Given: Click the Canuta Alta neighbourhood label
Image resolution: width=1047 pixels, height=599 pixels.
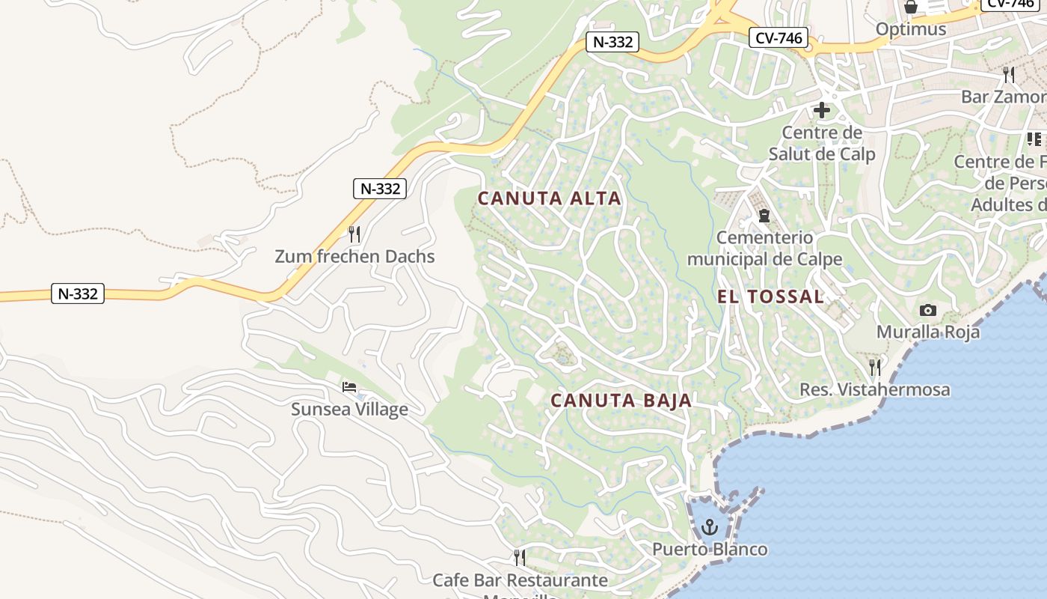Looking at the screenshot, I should click(x=549, y=198).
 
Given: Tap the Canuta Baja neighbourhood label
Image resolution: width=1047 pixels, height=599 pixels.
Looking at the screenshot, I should click(x=621, y=401).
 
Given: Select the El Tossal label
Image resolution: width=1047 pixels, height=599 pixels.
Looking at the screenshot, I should click(x=770, y=297).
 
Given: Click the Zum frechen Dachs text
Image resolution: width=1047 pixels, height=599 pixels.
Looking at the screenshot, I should click(x=354, y=256).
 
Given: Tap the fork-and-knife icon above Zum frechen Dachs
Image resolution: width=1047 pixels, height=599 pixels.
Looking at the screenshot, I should click(x=354, y=234).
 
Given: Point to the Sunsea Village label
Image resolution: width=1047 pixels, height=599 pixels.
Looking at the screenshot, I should click(x=349, y=410).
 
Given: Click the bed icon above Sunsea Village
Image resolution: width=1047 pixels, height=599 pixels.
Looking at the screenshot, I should click(x=349, y=387).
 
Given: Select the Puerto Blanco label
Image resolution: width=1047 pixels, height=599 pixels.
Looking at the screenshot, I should click(x=710, y=549).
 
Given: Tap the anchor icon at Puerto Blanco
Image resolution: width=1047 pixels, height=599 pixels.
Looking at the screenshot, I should click(x=710, y=527).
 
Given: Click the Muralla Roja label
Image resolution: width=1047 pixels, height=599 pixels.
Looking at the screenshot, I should click(x=927, y=332).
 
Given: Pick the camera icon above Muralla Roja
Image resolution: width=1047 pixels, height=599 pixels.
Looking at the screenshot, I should click(x=927, y=310).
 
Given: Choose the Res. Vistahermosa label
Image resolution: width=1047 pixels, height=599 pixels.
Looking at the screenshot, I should click(x=874, y=389).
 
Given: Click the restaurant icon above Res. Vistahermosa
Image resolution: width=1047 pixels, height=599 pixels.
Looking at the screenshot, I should click(x=874, y=368).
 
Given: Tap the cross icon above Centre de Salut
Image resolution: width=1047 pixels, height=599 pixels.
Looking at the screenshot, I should click(x=822, y=111).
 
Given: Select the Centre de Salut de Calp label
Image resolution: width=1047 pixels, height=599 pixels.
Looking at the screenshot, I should click(x=822, y=144).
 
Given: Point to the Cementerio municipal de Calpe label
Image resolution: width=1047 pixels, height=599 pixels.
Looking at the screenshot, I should click(x=764, y=249).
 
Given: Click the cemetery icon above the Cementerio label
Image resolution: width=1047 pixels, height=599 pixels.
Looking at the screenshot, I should click(x=764, y=216).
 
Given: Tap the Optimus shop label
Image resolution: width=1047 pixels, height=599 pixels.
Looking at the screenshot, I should click(x=910, y=29).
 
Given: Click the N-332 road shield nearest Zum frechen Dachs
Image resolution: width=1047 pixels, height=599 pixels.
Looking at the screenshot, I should click(x=380, y=189).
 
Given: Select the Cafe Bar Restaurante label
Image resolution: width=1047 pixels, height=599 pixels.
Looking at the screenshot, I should click(x=520, y=580).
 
